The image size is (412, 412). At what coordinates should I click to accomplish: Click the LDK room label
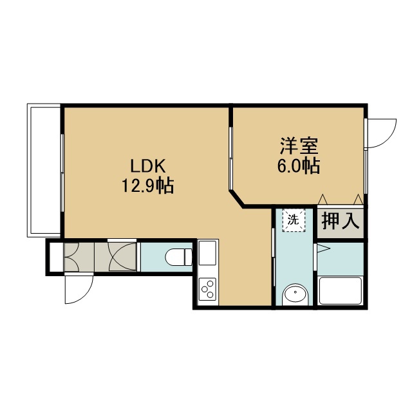tap(148, 166)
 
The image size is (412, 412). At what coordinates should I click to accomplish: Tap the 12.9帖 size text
tap(147, 186)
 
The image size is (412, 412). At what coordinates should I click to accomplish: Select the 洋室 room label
tap(299, 146)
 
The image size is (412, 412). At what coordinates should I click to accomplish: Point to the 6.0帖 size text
tap(299, 166)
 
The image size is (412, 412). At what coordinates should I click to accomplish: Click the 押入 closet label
tap(341, 221)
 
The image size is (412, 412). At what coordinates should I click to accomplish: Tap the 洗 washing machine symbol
tap(294, 220)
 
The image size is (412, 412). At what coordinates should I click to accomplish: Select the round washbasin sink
tap(295, 294)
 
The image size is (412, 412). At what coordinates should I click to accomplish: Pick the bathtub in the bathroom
tap(341, 290)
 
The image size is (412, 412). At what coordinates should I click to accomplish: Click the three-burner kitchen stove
tap(207, 289)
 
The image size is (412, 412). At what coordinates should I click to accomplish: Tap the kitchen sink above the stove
tap(207, 253)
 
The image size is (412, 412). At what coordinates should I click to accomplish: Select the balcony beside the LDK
tap(44, 170)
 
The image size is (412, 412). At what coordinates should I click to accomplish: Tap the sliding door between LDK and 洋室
tap(230, 158)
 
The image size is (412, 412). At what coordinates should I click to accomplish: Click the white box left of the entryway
tap(56, 257)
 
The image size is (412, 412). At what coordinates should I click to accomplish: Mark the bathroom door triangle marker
tap(324, 248)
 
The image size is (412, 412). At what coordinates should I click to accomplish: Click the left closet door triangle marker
tap(323, 199)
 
